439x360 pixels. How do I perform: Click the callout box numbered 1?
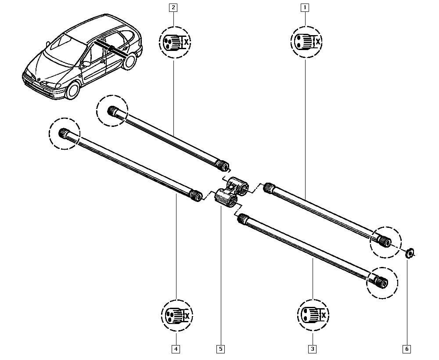coord(304,7)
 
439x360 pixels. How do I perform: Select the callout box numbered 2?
coord(174,7)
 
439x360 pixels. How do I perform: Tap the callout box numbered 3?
coord(312,349)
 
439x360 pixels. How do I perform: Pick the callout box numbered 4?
coord(176,349)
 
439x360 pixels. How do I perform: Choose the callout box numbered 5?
coord(220,349)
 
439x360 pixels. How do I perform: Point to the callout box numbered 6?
coord(407,349)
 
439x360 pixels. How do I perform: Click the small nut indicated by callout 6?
coord(409,252)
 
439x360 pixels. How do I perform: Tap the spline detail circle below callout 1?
coord(306,42)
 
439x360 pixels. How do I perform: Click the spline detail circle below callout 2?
coord(174,42)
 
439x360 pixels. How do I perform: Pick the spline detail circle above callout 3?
coord(313,315)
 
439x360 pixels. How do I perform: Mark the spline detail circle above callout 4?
coord(177,315)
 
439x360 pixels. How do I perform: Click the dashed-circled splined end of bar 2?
coord(112,111)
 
